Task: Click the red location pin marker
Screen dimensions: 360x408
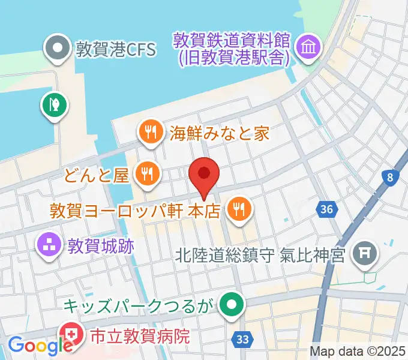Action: (x=204, y=175)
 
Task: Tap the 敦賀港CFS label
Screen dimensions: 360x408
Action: (x=115, y=48)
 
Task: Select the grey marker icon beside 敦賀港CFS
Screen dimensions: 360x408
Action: (x=58, y=47)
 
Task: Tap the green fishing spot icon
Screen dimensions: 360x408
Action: (x=53, y=104)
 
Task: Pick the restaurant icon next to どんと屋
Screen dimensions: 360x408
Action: (x=146, y=175)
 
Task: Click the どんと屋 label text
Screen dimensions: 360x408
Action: (x=98, y=176)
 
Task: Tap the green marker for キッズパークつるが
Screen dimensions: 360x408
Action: (x=229, y=306)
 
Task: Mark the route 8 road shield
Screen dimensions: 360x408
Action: (x=391, y=177)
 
